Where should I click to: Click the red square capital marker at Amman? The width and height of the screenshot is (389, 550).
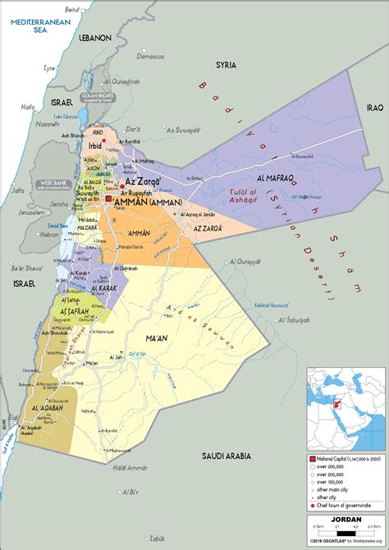(109, 199)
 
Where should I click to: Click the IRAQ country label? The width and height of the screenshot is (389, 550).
(352, 108)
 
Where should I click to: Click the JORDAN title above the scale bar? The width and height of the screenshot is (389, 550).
(345, 519)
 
